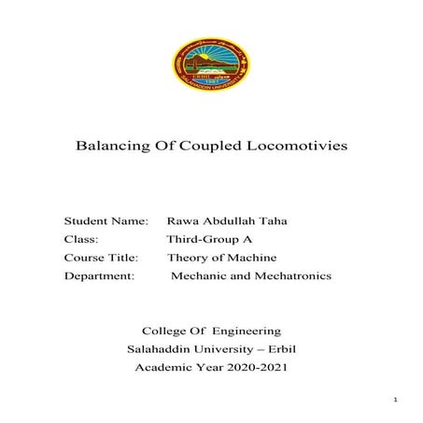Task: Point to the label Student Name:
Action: click(106, 221)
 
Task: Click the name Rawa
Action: click(183, 221)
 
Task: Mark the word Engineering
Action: click(247, 331)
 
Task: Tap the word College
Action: click(165, 331)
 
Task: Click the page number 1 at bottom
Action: click(397, 401)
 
